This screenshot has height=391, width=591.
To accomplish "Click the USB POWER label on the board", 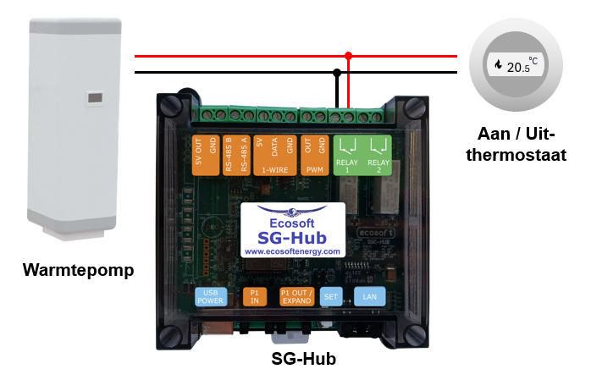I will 209,296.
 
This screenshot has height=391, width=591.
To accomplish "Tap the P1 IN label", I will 253,296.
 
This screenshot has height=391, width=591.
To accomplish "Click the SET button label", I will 332,296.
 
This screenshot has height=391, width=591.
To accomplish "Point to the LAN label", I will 369,296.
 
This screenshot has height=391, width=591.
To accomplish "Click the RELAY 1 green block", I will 347,155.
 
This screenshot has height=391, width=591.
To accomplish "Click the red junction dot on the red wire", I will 348,56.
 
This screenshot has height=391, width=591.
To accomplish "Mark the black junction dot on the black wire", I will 337,72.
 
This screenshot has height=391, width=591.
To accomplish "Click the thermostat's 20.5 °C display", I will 516,64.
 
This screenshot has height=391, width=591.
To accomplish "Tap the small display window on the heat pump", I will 92,98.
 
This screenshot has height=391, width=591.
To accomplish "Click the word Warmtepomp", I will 79,272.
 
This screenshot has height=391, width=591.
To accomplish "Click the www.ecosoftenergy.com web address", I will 291,251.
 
